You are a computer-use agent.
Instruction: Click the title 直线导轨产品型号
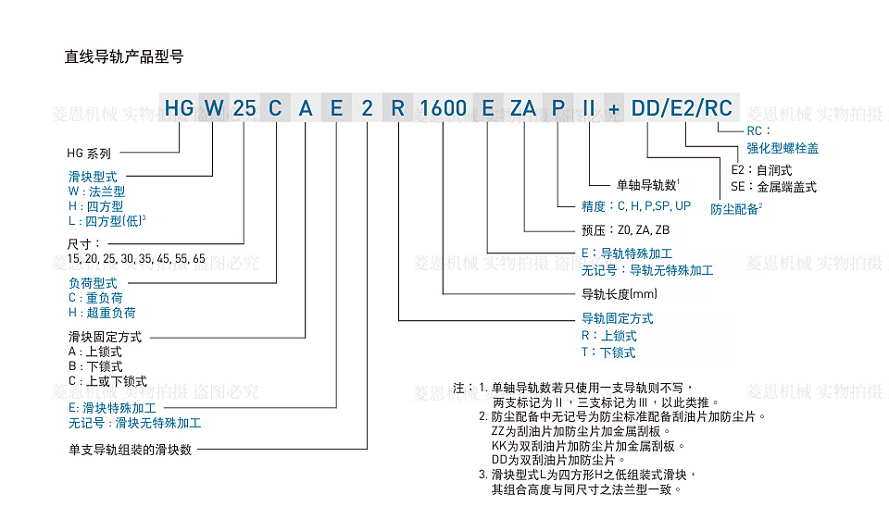point(123,56)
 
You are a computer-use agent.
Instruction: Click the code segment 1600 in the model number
point(443,108)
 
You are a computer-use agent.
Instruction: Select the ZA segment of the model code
point(523,108)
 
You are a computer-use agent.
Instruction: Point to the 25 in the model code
point(244,108)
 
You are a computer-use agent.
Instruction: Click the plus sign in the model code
point(613,109)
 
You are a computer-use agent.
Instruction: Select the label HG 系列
point(89,154)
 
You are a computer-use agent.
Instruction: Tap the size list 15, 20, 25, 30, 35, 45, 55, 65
point(136,258)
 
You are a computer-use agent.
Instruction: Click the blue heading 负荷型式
point(93,283)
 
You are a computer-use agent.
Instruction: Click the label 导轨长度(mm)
point(619,295)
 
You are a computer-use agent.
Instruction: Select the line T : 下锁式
point(607,352)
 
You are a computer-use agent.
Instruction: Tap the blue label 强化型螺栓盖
point(783,148)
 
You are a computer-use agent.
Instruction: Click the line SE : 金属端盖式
point(773,187)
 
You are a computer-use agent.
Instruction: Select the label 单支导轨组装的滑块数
point(130,450)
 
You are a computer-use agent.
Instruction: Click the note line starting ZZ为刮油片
point(576,430)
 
